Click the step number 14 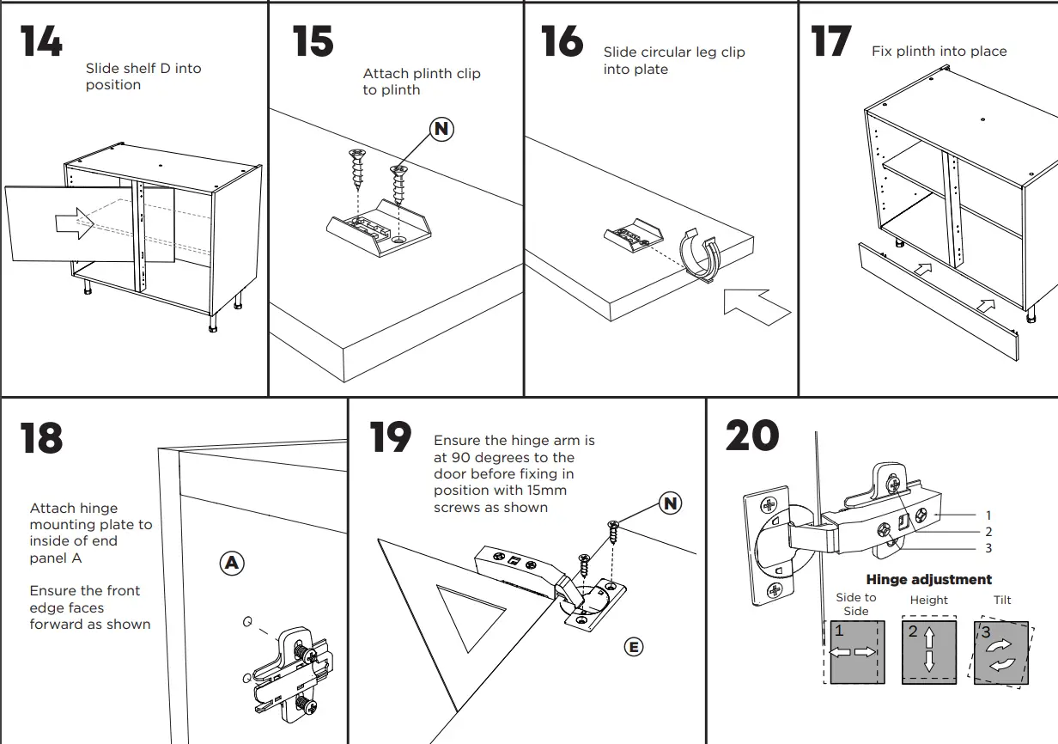41,41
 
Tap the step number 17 830,41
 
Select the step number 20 751,436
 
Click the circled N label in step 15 441,129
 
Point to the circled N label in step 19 670,503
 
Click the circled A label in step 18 231,564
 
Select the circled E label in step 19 633,647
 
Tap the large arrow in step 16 756,307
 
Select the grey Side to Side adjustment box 854,652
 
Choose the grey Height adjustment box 928,652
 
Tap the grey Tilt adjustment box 1000,652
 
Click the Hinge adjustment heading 928,580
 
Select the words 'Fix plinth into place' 939,52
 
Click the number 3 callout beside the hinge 988,548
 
